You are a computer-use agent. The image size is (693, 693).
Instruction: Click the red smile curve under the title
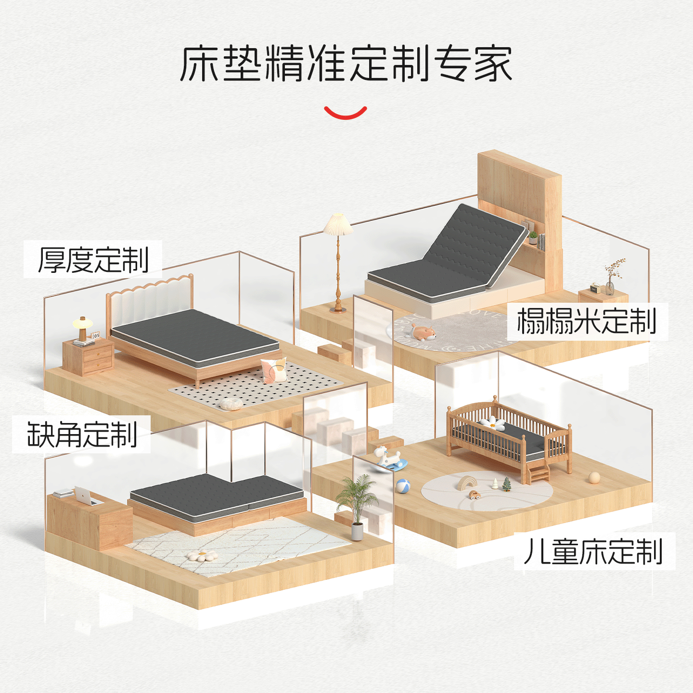tap(346, 114)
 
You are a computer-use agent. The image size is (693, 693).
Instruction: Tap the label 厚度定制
tap(93, 260)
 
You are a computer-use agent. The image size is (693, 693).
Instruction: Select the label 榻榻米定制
tap(587, 321)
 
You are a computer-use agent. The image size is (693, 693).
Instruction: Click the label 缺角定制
tap(82, 434)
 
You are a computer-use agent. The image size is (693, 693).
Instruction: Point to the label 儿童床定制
tap(594, 551)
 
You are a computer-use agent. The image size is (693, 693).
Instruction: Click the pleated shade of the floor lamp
tap(338, 225)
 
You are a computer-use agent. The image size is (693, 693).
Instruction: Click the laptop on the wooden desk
tap(87, 496)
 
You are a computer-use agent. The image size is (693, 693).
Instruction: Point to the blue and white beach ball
tap(403, 486)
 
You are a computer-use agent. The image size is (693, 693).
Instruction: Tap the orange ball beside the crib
tap(594, 477)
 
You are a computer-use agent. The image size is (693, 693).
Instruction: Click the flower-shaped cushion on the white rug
tap(202, 556)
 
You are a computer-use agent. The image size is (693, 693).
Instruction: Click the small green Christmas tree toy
tap(506, 484)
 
